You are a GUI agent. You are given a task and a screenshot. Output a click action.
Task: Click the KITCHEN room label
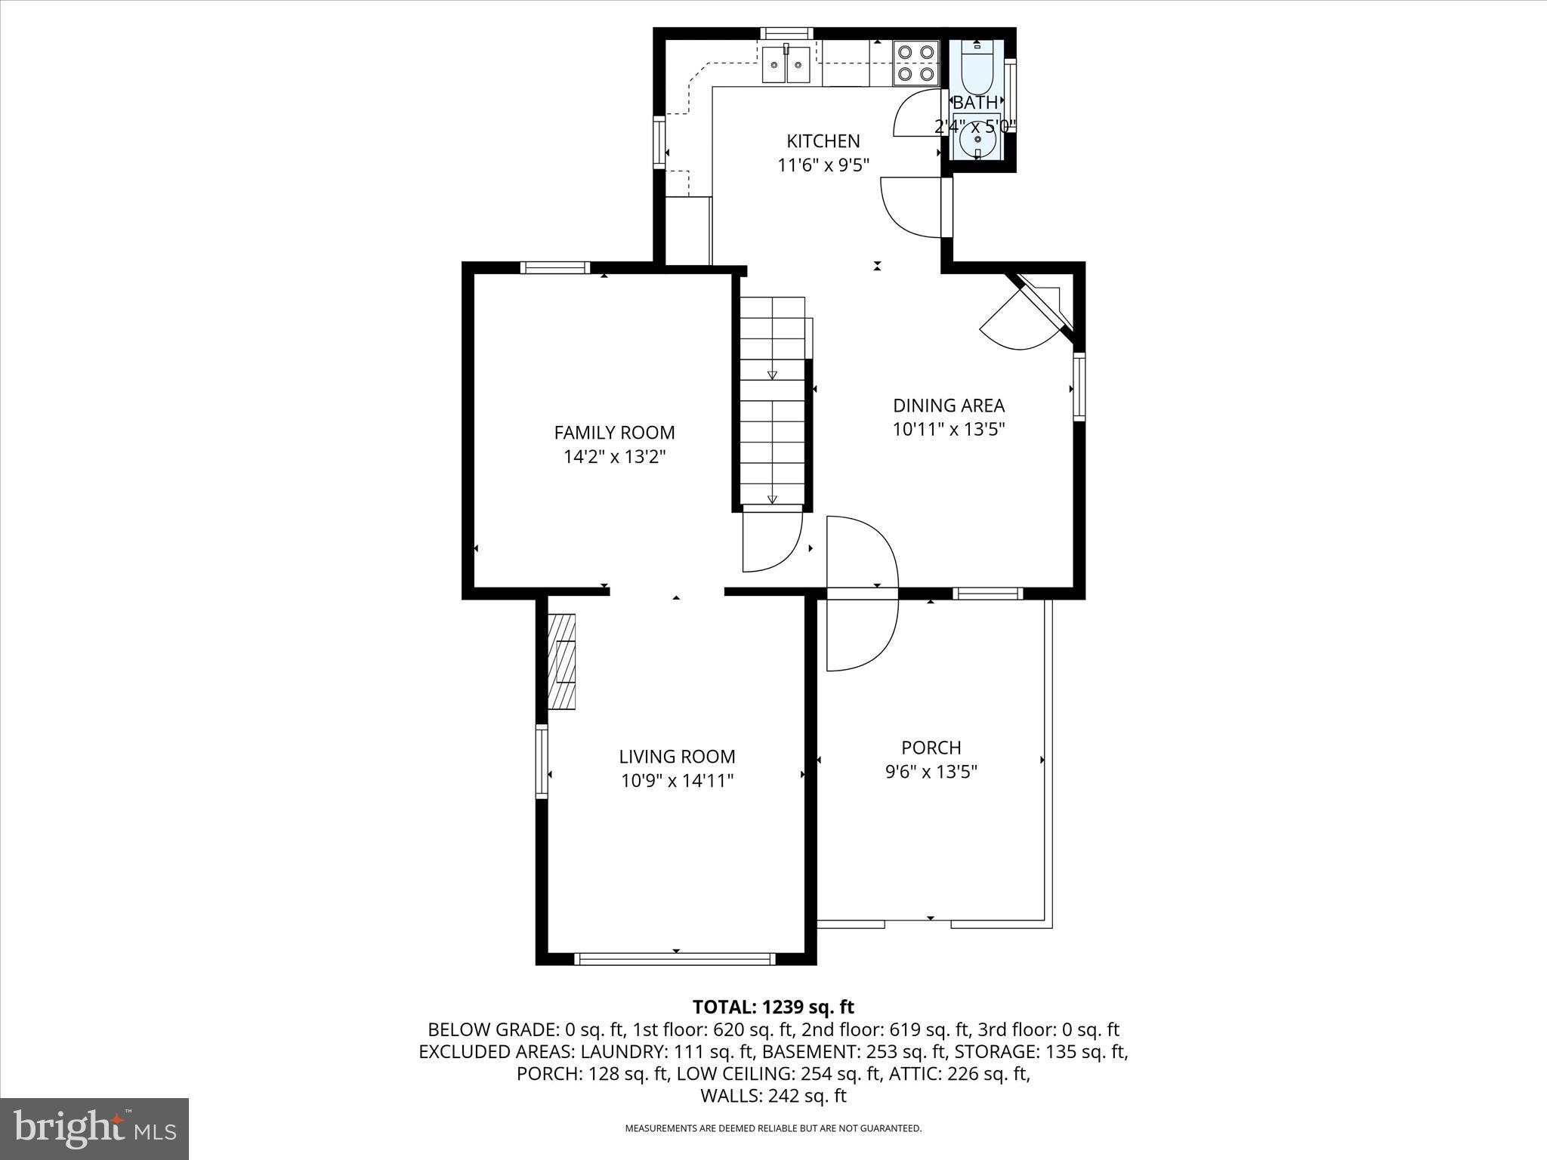coord(823,141)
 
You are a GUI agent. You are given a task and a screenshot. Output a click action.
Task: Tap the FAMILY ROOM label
coord(614,433)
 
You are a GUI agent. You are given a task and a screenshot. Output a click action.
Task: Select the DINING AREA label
coord(949,406)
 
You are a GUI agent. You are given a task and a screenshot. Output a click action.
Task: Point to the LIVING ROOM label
coord(677,757)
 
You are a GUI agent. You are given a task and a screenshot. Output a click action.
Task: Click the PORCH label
coord(931,748)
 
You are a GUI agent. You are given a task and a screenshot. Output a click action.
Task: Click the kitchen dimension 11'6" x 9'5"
coord(823,165)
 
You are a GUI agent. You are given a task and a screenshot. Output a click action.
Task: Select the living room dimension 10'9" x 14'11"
coord(677,781)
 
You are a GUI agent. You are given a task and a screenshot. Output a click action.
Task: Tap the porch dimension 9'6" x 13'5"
coord(931,772)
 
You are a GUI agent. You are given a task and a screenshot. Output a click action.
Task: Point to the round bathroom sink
coord(977,140)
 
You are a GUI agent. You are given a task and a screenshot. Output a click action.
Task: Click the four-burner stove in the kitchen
coord(916,63)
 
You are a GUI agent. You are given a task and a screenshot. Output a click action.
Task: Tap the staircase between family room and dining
coord(772,400)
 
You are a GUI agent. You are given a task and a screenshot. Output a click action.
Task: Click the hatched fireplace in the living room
coord(561,662)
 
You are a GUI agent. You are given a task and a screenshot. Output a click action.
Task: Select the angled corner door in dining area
coord(1027,317)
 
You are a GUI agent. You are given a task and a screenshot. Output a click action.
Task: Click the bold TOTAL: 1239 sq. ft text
coord(773,1007)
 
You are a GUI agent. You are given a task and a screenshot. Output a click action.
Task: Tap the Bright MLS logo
coord(94,1128)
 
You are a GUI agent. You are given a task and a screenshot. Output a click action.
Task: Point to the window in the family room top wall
coord(555,267)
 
